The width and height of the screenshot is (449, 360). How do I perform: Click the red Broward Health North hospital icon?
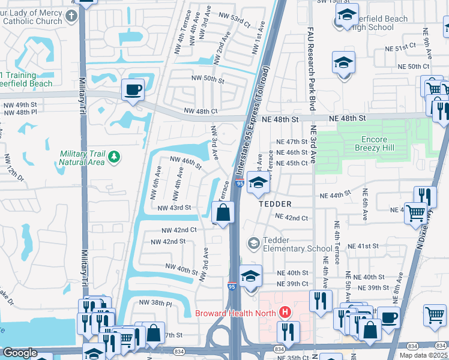285,313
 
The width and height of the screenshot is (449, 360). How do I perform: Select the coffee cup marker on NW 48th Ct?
133,90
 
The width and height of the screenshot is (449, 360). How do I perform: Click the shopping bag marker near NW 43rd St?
223,212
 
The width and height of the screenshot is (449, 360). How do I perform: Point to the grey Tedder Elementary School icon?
254,242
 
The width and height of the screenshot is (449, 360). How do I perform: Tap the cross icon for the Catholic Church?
71,16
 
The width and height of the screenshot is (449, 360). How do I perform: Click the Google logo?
20,353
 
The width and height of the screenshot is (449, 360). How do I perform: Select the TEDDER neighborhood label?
274,204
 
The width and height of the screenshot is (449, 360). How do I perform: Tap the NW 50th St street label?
207,79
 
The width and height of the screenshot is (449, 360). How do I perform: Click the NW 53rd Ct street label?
235,19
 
